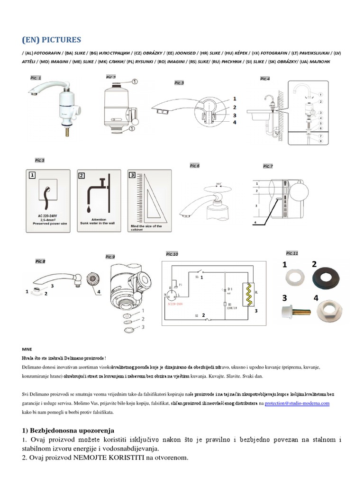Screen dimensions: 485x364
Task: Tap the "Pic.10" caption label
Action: (172, 254)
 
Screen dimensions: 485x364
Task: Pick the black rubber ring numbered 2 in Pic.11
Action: (327, 280)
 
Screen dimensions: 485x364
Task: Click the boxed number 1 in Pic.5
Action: (32, 175)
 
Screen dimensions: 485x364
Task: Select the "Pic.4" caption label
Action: (265, 79)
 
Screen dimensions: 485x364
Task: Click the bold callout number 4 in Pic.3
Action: (234, 123)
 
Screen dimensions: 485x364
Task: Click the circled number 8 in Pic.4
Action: (321, 141)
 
